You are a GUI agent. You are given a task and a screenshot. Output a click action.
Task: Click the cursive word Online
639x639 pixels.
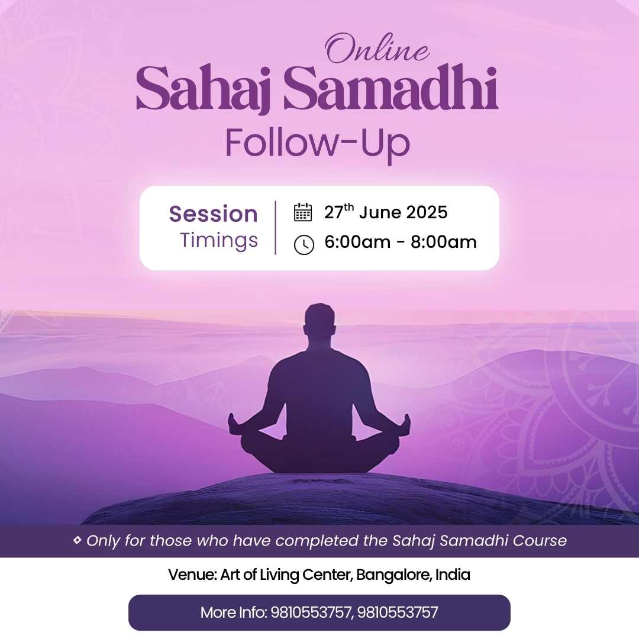click(x=377, y=49)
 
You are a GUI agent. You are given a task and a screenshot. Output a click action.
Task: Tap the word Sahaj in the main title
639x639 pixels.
click(x=204, y=89)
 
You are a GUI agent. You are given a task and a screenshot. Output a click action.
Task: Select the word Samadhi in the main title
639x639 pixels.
click(x=391, y=87)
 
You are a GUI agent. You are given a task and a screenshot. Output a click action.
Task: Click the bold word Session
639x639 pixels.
click(x=214, y=214)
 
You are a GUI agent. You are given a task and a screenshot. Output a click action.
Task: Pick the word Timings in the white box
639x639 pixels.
click(x=219, y=240)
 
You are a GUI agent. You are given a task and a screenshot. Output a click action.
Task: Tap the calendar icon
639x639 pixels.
click(x=303, y=212)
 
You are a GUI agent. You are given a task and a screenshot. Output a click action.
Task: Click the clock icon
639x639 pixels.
click(x=304, y=245)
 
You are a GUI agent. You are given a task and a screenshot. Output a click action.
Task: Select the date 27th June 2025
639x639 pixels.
click(x=386, y=212)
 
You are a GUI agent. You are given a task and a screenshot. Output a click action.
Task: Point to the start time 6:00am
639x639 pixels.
click(x=357, y=242)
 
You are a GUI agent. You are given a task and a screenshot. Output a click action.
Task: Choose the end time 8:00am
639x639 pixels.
click(x=444, y=242)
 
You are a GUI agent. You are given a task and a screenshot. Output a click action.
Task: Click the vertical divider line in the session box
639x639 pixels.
click(x=276, y=227)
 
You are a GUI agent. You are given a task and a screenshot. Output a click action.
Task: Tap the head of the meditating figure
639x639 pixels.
click(x=320, y=320)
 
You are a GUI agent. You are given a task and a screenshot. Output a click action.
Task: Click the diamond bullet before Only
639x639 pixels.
click(x=77, y=540)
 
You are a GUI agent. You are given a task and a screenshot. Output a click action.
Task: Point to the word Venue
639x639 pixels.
click(x=192, y=575)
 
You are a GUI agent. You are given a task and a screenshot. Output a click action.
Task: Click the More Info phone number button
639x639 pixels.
click(x=319, y=612)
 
